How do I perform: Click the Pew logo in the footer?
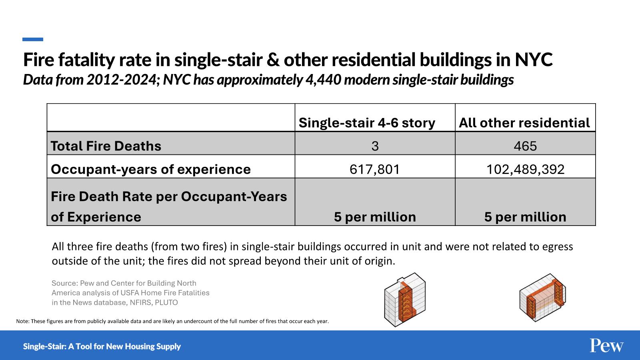606,346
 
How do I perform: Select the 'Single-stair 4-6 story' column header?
367,123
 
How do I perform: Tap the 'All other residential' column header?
524,123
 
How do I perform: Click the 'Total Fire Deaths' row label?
106,146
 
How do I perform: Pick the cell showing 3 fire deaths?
375,146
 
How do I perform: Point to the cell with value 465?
525,146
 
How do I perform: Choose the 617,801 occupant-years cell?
375,169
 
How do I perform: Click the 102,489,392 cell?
525,169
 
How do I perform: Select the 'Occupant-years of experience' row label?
151,169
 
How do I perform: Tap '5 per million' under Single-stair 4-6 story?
375,217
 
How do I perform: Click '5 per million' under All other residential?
525,217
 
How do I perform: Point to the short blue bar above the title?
33,40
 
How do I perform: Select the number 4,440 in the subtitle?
324,80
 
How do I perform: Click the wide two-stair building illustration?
542,298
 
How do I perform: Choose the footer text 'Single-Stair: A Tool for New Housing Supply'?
102,346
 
